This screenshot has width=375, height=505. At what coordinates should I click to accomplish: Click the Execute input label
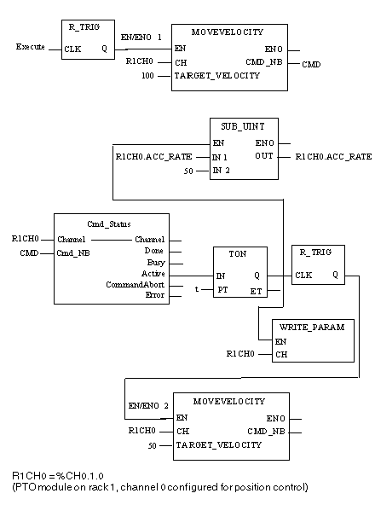(x=31, y=47)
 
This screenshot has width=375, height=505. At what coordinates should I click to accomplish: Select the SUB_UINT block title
(x=243, y=126)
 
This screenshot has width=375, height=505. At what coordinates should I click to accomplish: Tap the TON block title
(x=238, y=254)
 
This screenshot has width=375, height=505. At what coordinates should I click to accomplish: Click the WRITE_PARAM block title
(x=312, y=328)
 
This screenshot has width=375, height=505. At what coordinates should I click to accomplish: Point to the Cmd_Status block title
(x=109, y=224)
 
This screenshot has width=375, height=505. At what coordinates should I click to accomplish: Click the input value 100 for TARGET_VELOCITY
(x=147, y=76)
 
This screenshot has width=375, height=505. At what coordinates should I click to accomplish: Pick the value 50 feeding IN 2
(x=188, y=171)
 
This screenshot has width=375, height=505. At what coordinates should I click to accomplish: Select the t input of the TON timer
(x=197, y=289)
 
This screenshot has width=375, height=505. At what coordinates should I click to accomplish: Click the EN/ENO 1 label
(x=141, y=38)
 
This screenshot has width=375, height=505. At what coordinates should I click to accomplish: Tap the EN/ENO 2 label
(x=148, y=406)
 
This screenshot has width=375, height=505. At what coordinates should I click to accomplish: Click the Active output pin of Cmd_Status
(x=153, y=274)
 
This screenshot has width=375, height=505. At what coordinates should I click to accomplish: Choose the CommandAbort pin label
(x=136, y=285)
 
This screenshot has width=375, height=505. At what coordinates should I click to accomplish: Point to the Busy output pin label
(x=156, y=263)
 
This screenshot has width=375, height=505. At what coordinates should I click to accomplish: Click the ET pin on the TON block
(x=256, y=292)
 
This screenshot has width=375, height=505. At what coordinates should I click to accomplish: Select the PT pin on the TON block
(x=222, y=290)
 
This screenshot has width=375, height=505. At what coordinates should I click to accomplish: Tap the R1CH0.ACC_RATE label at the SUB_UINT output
(x=333, y=157)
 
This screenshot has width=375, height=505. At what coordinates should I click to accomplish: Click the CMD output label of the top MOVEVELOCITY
(x=311, y=65)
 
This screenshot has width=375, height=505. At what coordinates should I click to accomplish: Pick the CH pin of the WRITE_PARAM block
(x=281, y=355)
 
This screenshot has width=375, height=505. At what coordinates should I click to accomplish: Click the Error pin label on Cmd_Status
(x=155, y=295)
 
